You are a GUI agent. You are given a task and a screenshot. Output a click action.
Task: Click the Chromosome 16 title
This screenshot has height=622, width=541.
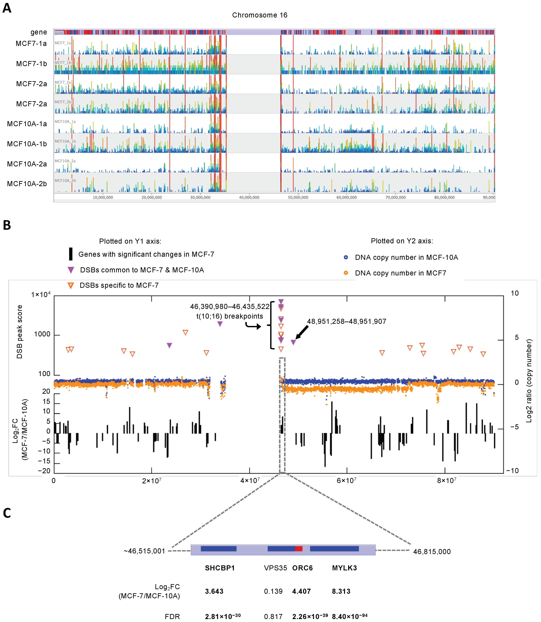pos(260,15)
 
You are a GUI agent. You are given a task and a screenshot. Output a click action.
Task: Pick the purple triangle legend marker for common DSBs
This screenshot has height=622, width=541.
pos(71,270)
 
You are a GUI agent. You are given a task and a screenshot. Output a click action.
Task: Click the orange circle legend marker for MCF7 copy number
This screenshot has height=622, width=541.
pos(346,273)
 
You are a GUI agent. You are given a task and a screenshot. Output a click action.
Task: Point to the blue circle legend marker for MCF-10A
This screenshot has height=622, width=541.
pos(346,257)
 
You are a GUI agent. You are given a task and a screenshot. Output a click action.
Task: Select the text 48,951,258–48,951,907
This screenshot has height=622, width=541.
pos(347,322)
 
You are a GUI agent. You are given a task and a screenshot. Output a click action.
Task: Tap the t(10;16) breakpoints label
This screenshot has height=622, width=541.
pos(230,316)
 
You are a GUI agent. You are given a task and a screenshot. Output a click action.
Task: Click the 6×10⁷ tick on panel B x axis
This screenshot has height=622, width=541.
pos(346,481)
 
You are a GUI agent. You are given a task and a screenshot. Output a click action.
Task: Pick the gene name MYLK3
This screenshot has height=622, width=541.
pos(345,568)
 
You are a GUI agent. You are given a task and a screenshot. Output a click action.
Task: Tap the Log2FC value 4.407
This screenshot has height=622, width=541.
pos(301,591)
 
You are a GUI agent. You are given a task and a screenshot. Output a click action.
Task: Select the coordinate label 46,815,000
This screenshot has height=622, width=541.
pos(432,552)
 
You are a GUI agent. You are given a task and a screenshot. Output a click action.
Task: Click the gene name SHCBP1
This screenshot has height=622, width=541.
pos(220,568)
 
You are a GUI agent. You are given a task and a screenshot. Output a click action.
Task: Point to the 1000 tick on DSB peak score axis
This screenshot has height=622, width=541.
pos(42,334)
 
